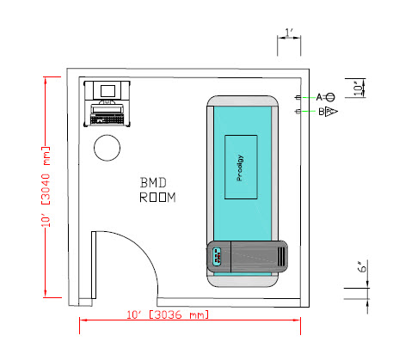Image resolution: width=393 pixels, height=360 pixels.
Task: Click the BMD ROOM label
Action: (x=157, y=190)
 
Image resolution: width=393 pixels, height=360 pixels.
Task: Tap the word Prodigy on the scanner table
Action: (x=240, y=168)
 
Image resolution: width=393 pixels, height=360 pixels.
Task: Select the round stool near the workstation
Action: (x=107, y=148)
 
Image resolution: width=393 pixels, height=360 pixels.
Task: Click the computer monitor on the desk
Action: (x=107, y=91)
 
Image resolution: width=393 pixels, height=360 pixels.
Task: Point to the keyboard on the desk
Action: (x=107, y=119)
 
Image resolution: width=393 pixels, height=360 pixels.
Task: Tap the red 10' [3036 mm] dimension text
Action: (x=168, y=314)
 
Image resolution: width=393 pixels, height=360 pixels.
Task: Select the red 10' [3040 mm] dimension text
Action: (x=46, y=186)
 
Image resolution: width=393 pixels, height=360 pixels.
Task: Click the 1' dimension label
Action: (x=289, y=33)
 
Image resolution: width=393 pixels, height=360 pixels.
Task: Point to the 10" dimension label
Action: (x=358, y=88)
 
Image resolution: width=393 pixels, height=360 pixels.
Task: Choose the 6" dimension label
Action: (x=363, y=266)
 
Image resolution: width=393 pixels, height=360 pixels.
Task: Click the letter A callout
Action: (x=319, y=97)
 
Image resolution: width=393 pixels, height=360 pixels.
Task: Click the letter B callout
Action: (x=322, y=112)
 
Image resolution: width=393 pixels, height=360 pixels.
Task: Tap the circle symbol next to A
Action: (x=330, y=97)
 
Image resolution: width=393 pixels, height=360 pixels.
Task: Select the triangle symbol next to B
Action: (x=331, y=112)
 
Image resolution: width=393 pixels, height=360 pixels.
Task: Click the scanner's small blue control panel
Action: (x=217, y=256)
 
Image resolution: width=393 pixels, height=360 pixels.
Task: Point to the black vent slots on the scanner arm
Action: (x=281, y=256)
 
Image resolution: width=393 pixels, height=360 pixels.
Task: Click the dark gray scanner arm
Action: (x=247, y=256)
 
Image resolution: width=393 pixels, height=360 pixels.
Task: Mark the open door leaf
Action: (x=94, y=265)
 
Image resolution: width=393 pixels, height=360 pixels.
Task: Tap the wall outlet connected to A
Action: (x=298, y=98)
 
